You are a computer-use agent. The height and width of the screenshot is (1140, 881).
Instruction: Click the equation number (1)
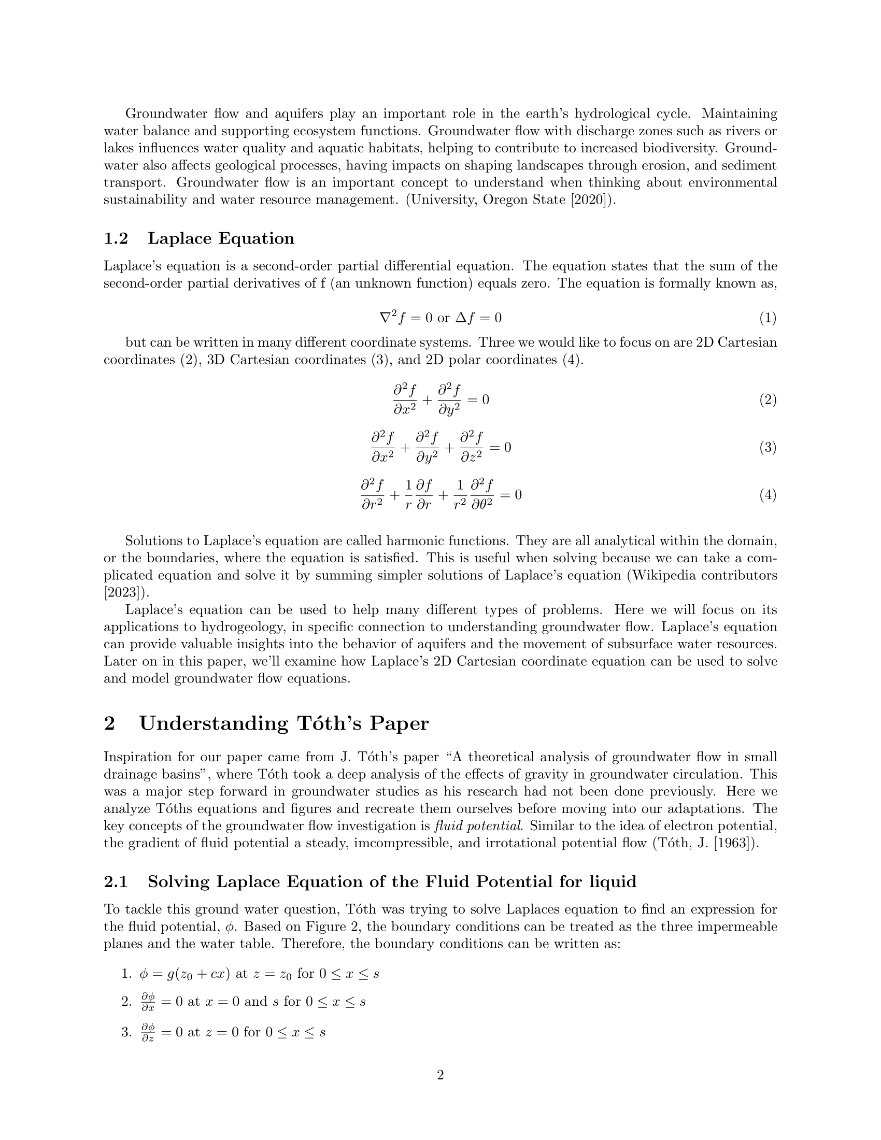[767, 318]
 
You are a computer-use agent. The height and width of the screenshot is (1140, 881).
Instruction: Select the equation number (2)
[767, 400]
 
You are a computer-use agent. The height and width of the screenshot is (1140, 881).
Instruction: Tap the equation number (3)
[767, 447]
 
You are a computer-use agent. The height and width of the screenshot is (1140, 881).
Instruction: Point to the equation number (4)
[767, 495]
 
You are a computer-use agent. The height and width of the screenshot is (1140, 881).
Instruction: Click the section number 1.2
[116, 238]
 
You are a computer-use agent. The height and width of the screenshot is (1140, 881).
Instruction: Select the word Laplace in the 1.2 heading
[179, 238]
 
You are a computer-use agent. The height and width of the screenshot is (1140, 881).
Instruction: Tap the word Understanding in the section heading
[214, 723]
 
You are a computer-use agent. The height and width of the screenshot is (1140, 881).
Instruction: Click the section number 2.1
[116, 881]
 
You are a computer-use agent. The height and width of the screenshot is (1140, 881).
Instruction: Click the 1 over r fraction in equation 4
[409, 495]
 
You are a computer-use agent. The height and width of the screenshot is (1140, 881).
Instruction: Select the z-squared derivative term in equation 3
[471, 447]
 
